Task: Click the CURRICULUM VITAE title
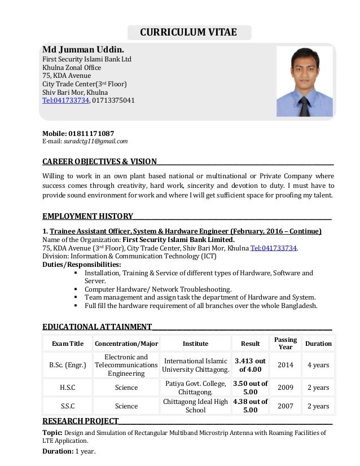pos(188,32)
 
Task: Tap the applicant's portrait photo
pos(305,81)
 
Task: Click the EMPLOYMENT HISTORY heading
pos(87,216)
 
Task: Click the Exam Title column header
pos(68,344)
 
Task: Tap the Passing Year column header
pos(286,343)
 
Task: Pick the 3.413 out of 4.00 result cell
pos(250,365)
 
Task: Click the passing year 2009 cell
pos(286,388)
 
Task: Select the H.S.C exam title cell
pos(68,388)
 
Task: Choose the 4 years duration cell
pos(318,365)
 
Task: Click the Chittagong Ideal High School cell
pos(196,406)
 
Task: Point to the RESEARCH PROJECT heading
pos(80,421)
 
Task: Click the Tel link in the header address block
pos(65,100)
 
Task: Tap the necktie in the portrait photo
pos(305,105)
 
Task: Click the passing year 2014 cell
pos(286,365)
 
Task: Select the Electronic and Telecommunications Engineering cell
pos(126,365)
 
